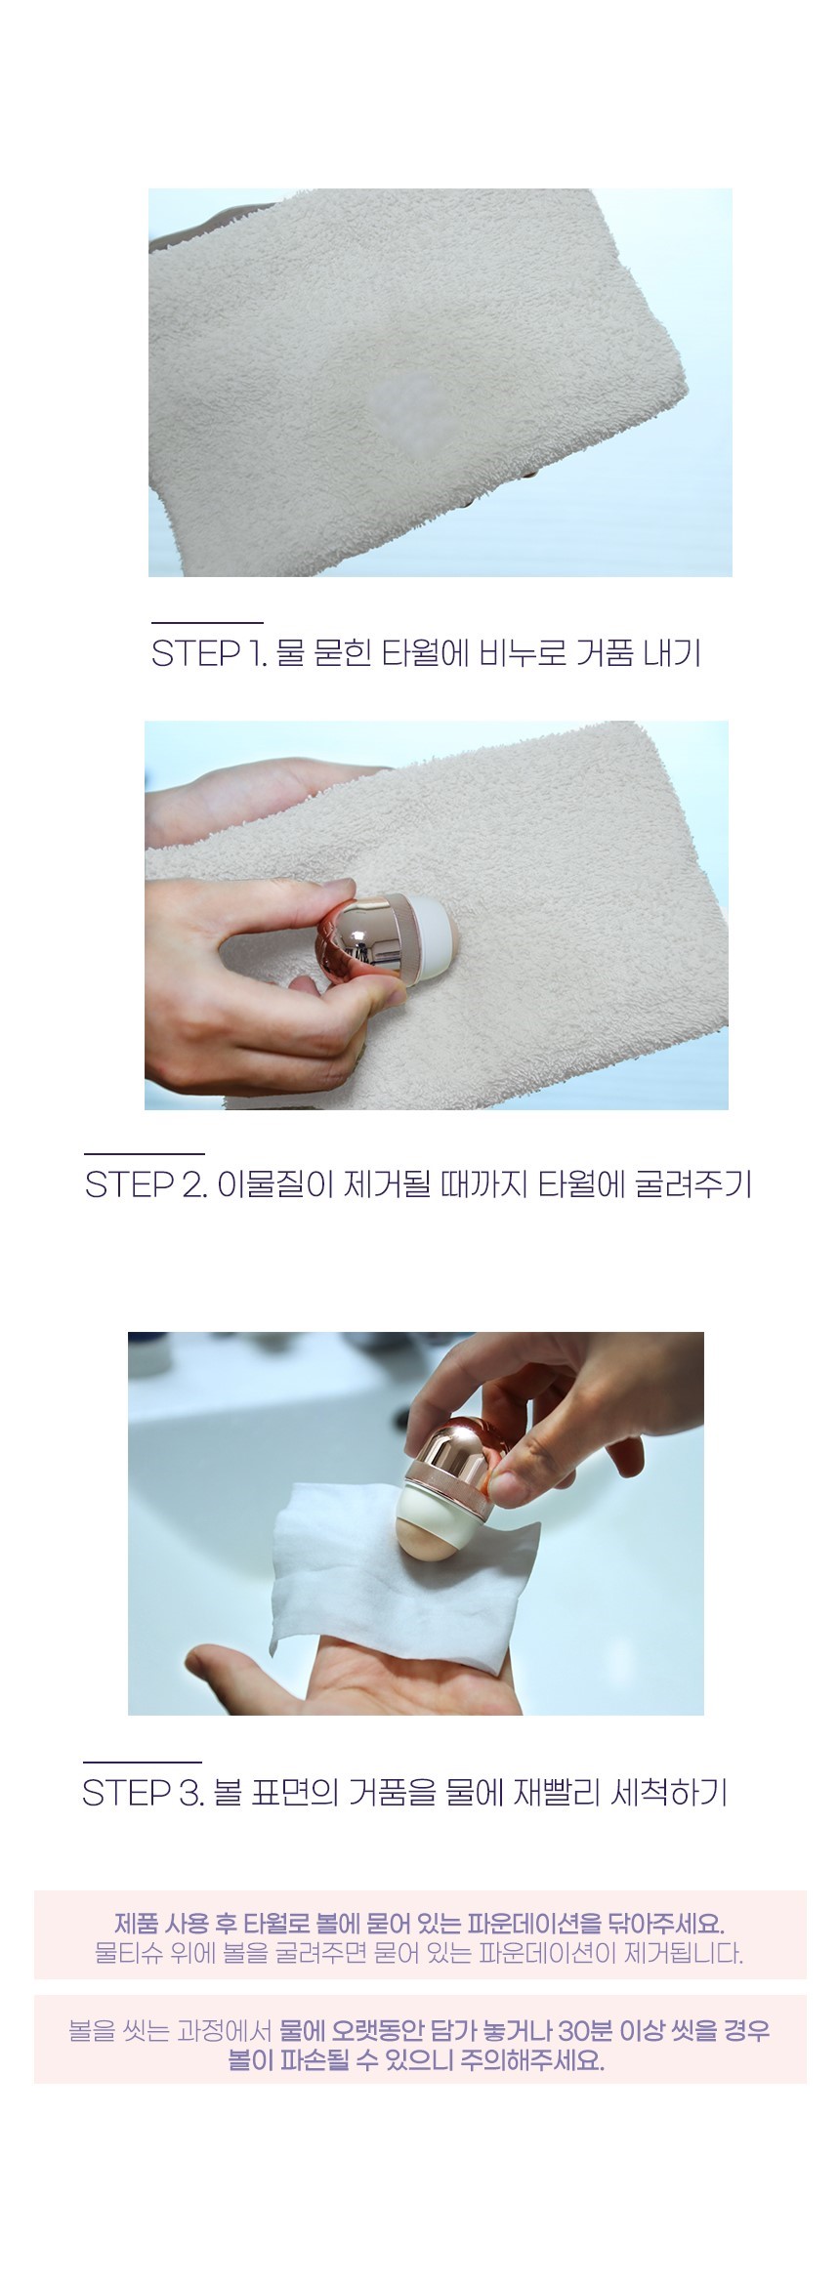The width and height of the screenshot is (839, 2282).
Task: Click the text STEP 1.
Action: click(208, 653)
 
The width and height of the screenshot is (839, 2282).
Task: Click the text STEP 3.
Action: click(143, 1793)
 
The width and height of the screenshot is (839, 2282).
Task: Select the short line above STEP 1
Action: click(207, 622)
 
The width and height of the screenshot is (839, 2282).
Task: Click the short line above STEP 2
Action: click(145, 1154)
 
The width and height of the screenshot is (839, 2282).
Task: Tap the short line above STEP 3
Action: click(142, 1763)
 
